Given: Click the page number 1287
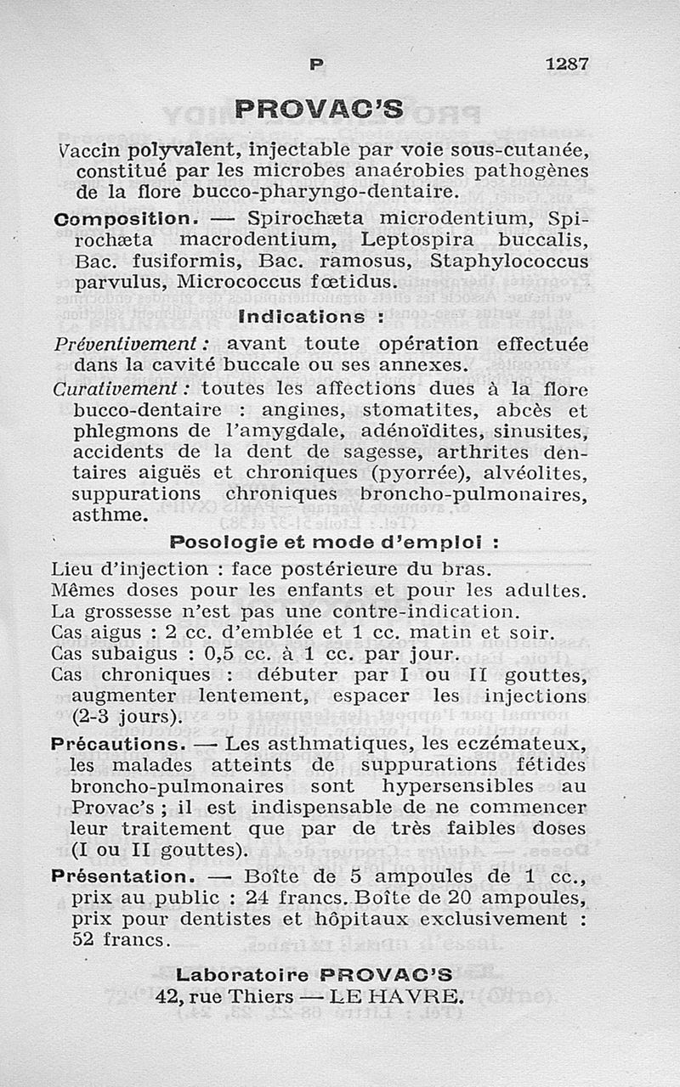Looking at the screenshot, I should pos(566,64).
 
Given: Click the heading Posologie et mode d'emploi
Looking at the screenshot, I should pos(333,541).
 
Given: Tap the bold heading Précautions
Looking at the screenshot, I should pos(118,744).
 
